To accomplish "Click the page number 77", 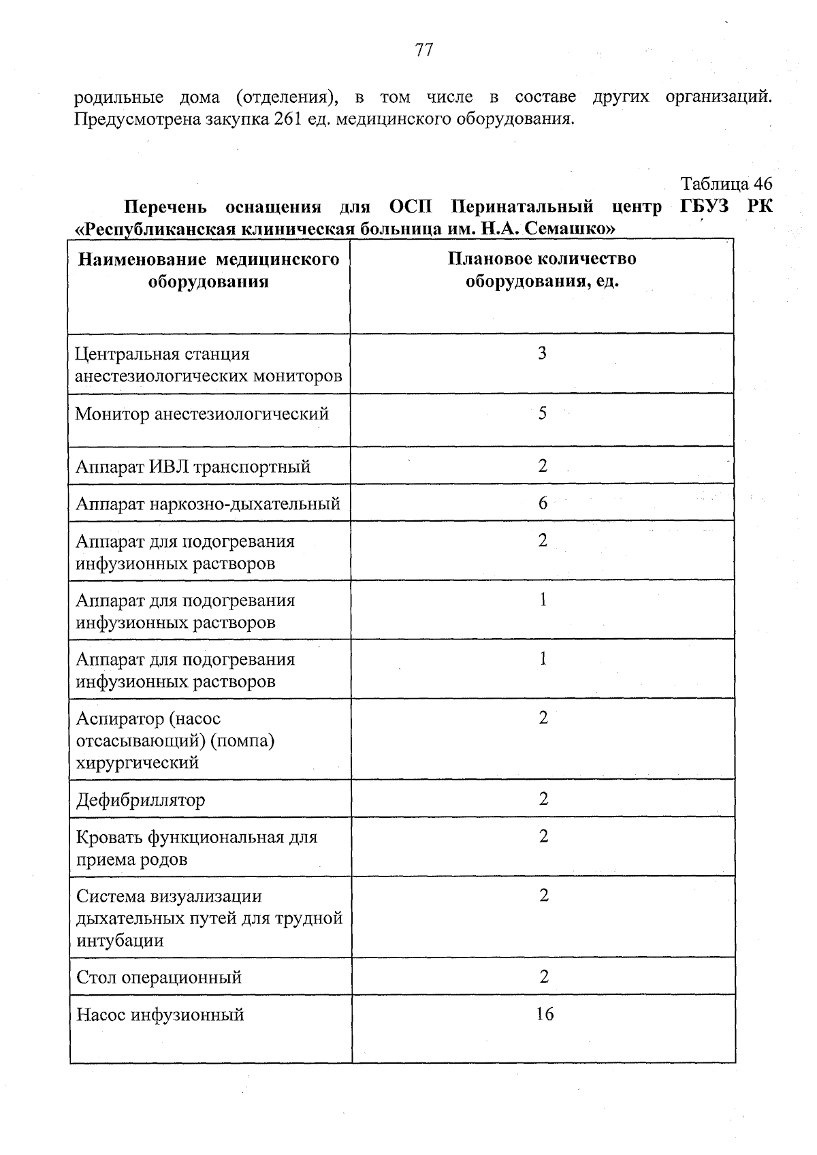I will pyautogui.click(x=423, y=50).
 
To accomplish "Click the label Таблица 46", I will pyautogui.click(x=726, y=184).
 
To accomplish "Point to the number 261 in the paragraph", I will pyautogui.click(x=288, y=120).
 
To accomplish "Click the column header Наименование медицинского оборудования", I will pyautogui.click(x=208, y=270).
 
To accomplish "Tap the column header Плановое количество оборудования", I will pyautogui.click(x=542, y=270).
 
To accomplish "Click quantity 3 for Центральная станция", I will pyautogui.click(x=542, y=353).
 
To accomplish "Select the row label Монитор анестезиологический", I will pyautogui.click(x=202, y=413).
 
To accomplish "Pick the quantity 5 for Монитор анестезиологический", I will pyautogui.click(x=542, y=413).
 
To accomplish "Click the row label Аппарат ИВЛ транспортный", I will pyautogui.click(x=193, y=466).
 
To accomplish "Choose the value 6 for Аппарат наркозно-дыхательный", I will pyautogui.click(x=543, y=503).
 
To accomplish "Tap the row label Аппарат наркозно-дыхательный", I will pyautogui.click(x=208, y=504).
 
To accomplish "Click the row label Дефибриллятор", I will pyautogui.click(x=140, y=800).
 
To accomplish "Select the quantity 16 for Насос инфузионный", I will pyautogui.click(x=545, y=1014).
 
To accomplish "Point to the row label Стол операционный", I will pyautogui.click(x=159, y=978).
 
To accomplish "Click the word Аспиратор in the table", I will pyautogui.click(x=120, y=718).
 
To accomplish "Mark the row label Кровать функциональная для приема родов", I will pyautogui.click(x=197, y=848).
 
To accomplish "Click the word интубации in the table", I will pyautogui.click(x=120, y=941).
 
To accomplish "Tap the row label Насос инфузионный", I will pyautogui.click(x=160, y=1015).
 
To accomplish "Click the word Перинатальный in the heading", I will pyautogui.click(x=522, y=206).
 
